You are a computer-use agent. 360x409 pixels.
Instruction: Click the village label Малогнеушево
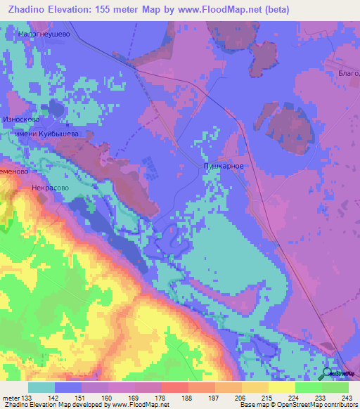45,32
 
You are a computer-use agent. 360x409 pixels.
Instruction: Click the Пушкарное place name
224,166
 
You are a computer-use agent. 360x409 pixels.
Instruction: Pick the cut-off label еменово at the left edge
14,171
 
